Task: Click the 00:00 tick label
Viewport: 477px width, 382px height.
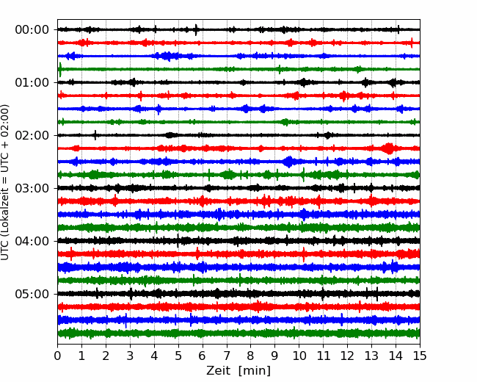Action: coord(32,30)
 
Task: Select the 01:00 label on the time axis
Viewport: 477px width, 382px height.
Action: coord(32,82)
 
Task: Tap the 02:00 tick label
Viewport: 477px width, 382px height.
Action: coord(32,135)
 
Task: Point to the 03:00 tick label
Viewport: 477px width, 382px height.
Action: coord(32,188)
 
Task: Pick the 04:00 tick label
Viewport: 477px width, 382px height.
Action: coord(32,241)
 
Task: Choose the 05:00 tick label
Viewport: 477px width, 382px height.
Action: coord(32,294)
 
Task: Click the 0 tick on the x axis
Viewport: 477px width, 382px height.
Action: coord(57,356)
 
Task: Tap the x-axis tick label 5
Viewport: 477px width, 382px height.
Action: coord(178,356)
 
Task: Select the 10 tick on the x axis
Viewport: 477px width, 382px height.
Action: coord(299,356)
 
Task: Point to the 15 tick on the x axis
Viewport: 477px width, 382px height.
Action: coord(420,356)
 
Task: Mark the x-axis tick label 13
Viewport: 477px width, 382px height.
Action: coord(371,356)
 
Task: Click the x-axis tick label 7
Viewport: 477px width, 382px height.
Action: coord(227,356)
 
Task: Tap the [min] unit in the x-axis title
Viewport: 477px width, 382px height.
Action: coord(255,371)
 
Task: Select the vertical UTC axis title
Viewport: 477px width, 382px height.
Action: coord(5,182)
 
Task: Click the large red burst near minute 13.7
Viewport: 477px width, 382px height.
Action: coord(388,148)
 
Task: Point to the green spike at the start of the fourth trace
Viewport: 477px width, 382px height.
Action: coord(60,70)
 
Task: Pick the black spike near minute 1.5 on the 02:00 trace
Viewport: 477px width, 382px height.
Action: coord(95,135)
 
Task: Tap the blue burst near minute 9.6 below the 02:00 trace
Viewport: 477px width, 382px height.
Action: coord(288,162)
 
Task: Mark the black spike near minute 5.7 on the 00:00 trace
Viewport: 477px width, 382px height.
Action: coord(196,29)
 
